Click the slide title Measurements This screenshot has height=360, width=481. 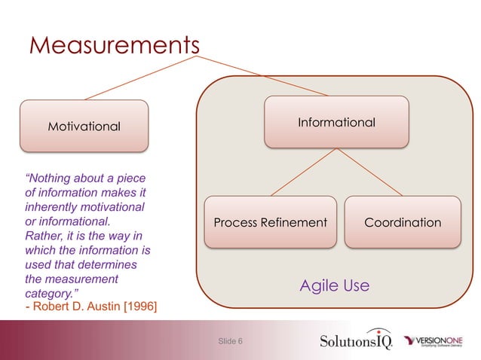click(x=113, y=45)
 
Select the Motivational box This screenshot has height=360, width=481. click(x=84, y=126)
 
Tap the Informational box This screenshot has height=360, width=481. click(x=336, y=122)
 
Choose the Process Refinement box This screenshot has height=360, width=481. click(x=270, y=222)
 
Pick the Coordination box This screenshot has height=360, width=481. click(x=403, y=222)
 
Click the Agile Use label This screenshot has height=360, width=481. click(x=334, y=285)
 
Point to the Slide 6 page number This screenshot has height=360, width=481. click(x=230, y=342)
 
